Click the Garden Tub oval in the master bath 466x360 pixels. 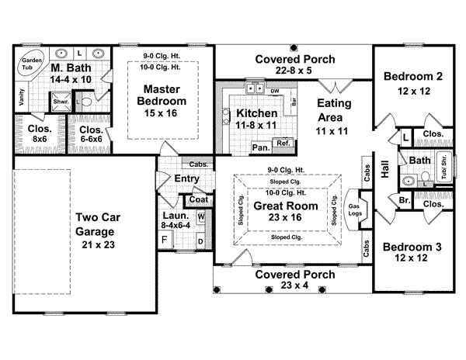point(32,64)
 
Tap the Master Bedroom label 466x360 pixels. point(162,95)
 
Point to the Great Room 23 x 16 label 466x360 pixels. point(288,212)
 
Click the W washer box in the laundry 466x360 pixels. point(200,217)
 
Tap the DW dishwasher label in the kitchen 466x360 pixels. point(275,92)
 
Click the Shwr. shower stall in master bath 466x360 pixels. point(61,102)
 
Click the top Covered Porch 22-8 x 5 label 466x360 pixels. point(294,65)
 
